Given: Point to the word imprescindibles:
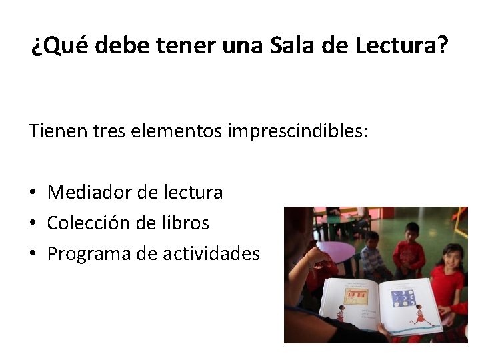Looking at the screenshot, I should coord(297,131).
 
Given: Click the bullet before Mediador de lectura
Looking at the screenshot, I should coord(32,193).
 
